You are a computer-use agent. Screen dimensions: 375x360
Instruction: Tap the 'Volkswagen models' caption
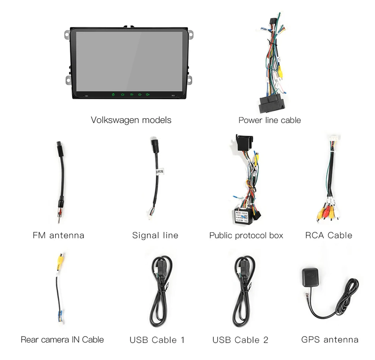coord(131,120)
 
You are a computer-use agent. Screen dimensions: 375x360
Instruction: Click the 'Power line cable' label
coord(269,120)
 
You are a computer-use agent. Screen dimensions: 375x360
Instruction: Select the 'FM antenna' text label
coord(58,235)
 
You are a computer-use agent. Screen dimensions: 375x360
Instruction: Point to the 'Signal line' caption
coord(155,235)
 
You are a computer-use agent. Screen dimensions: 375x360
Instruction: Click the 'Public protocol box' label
coord(246,235)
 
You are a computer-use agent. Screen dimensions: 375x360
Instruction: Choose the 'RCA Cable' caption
coord(328,235)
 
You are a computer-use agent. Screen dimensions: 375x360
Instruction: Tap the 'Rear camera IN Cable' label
coord(62,339)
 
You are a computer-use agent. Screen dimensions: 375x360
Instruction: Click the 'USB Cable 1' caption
coord(157,340)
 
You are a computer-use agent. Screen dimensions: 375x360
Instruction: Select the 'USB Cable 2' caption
coord(240,340)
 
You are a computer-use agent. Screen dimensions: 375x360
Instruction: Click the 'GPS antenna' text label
coord(330,339)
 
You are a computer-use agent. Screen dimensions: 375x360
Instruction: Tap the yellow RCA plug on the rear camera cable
coord(61,259)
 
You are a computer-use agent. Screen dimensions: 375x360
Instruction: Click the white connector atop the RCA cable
coord(334,139)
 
